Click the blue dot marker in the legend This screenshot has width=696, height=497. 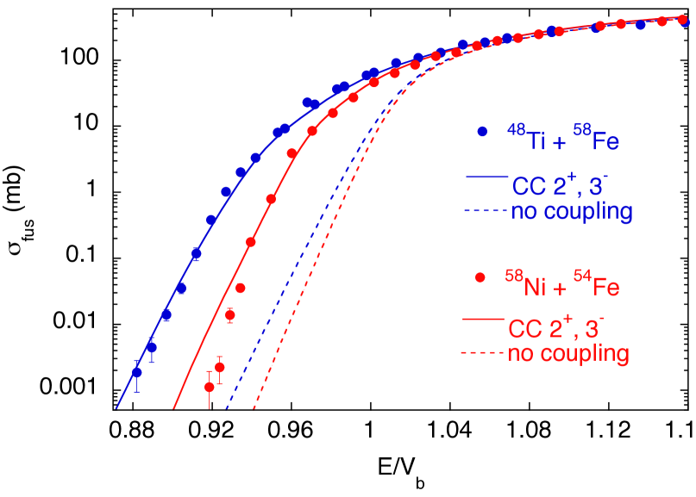click(x=482, y=132)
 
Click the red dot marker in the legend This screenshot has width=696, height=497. click(x=481, y=277)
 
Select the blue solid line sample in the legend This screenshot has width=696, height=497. click(x=485, y=177)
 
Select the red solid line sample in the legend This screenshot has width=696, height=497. click(x=483, y=320)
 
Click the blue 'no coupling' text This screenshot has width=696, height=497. click(x=572, y=211)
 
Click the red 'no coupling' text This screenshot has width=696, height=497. click(x=568, y=353)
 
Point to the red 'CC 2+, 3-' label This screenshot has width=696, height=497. click(x=555, y=326)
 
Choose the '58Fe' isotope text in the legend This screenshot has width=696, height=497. click(x=593, y=138)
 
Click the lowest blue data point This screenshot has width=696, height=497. click(x=136, y=372)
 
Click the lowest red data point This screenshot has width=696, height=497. click(x=210, y=387)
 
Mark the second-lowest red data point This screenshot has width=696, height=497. click(x=220, y=367)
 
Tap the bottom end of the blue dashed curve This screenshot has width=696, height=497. click(x=226, y=409)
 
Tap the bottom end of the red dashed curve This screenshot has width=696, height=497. click(x=254, y=409)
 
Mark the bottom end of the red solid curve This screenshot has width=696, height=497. click(x=173, y=409)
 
